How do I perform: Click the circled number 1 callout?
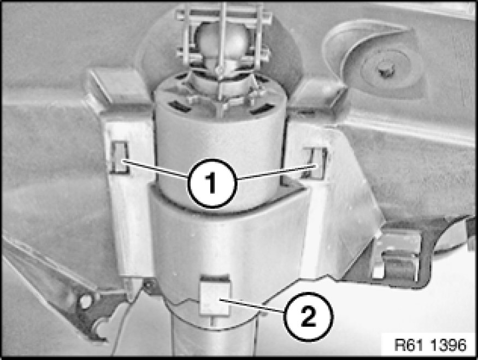212,183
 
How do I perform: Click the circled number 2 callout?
308,316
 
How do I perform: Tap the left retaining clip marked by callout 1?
119,157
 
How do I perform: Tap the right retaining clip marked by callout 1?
316,163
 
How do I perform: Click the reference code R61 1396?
430,345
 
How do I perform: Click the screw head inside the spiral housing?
385,72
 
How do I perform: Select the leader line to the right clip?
277,172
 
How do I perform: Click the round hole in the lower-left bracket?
85,302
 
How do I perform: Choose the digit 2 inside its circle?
308,317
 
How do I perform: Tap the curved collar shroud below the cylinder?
229,241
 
